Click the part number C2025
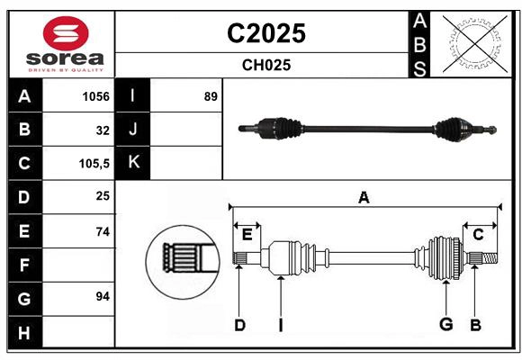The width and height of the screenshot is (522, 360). coord(265,33)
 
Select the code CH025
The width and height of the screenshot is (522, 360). coord(265,65)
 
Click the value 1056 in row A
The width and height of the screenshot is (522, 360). coord(95,96)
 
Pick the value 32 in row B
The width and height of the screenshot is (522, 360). coord(102,130)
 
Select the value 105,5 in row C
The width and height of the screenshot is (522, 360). coord(94,164)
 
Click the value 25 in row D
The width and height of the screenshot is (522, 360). coord(102,197)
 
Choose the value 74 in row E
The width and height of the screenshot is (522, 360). coord(102,231)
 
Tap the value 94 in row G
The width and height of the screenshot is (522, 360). coord(102,296)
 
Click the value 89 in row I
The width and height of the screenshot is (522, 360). coord(211,96)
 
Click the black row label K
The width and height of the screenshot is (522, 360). coord(133,163)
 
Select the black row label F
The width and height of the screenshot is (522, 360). coord(24,265)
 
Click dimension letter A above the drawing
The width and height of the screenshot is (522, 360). coord(364,198)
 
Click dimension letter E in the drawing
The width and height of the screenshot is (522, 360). coord(247,234)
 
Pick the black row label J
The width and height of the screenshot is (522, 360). coord(133,130)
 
